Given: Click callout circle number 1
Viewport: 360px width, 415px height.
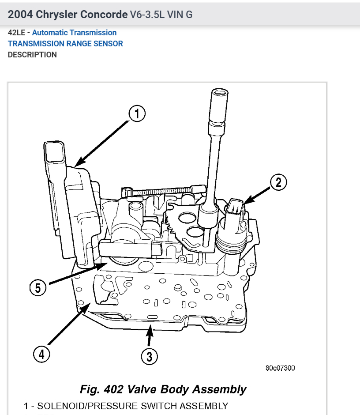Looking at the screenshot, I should coord(137,114).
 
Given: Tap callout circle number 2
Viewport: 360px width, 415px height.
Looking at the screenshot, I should coord(278,182).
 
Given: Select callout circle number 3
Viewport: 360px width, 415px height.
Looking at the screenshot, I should coord(149,356).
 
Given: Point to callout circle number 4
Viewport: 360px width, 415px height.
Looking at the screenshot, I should coord(41,355).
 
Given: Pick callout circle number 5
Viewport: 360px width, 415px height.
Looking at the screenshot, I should coord(38,288).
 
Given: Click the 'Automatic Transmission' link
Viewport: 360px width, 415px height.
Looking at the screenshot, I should coord(74,33).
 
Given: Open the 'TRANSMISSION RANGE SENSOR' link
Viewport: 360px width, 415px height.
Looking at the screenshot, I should coord(65,44).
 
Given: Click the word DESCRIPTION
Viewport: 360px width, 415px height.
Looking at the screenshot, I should coord(32,55).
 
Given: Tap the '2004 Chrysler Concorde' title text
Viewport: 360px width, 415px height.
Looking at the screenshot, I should coord(67,14).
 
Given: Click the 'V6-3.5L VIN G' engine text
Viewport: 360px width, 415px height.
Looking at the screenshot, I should coord(161,15).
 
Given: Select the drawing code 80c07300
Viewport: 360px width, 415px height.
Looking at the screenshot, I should coord(280,368).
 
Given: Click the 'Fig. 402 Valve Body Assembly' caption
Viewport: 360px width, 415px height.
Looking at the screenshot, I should coord(163,389).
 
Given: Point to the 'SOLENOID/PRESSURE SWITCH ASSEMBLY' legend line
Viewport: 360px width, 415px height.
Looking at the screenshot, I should coord(126,406).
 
